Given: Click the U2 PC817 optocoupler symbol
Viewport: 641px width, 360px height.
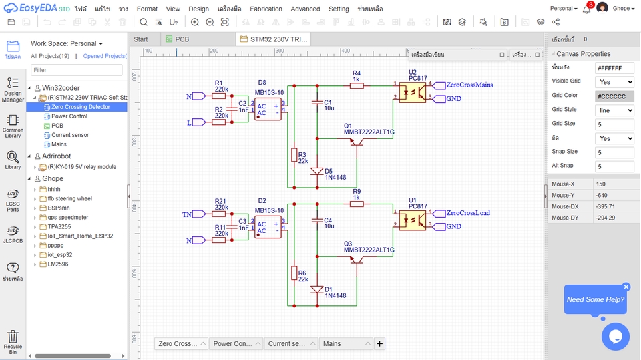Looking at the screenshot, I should point(413,92).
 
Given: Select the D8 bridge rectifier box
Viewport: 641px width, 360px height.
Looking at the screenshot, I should point(268,109).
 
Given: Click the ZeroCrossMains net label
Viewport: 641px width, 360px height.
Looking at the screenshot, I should point(469,85).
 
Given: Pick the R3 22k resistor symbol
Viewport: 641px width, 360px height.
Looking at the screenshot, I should point(294,155).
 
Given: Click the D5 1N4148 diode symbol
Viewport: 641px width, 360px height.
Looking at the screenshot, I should point(318,171).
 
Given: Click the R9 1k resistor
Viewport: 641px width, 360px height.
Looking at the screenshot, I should point(357,204).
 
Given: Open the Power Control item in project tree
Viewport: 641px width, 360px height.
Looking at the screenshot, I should point(69,116).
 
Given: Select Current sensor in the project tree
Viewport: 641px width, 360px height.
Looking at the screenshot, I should point(70,135).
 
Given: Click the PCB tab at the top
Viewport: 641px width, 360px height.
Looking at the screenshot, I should point(182,39).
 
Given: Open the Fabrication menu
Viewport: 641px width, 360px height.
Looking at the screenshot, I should point(266,9).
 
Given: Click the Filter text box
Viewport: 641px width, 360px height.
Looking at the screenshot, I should point(77,70).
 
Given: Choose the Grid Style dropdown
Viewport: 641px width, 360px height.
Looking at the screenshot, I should point(614,110).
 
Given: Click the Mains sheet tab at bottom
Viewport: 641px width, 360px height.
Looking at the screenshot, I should point(345,344).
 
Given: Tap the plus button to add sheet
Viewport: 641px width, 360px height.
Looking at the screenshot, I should point(379,344).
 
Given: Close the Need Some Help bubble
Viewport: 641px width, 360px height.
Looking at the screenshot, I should point(626,287).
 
